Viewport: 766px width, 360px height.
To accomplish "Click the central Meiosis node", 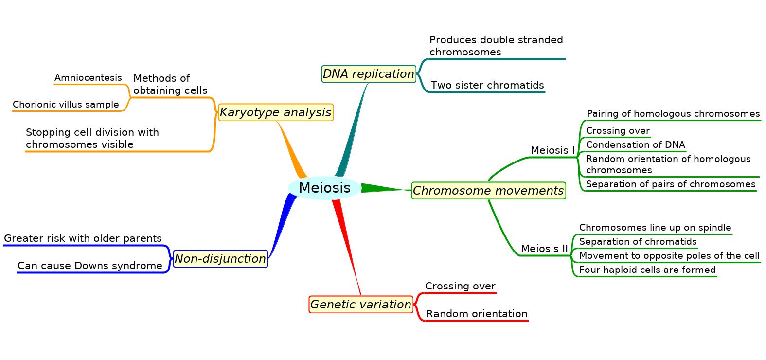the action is [x=324, y=188].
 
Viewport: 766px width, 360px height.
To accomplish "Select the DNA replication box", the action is [x=369, y=74].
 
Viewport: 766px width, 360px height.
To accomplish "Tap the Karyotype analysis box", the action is [x=276, y=112].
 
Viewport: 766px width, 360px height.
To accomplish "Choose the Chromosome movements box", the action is [x=488, y=191].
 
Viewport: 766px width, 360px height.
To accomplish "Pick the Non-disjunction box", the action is [x=220, y=259].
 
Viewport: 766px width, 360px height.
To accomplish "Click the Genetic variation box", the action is [x=361, y=304].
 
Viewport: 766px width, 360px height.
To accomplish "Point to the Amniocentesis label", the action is [x=88, y=78].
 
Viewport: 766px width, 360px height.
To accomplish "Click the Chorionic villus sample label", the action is [x=66, y=105].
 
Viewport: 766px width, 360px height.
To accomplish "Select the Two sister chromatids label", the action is [x=487, y=85].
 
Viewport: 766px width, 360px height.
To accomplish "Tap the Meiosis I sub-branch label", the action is [x=552, y=150].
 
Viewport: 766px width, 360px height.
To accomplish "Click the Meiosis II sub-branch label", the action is [x=544, y=249].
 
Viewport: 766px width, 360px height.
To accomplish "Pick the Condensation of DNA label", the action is [x=636, y=145].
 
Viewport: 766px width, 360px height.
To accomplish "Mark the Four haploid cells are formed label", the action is [x=647, y=270].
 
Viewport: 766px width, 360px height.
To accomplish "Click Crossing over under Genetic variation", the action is [x=460, y=286].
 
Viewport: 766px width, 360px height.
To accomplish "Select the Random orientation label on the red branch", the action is [x=477, y=314].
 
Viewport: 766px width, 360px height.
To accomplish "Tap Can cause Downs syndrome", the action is [x=90, y=266].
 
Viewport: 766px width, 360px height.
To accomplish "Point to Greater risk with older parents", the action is [x=83, y=238].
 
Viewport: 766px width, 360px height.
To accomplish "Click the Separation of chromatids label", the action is [x=638, y=242].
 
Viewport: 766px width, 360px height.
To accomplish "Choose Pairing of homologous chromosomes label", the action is [x=673, y=114].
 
